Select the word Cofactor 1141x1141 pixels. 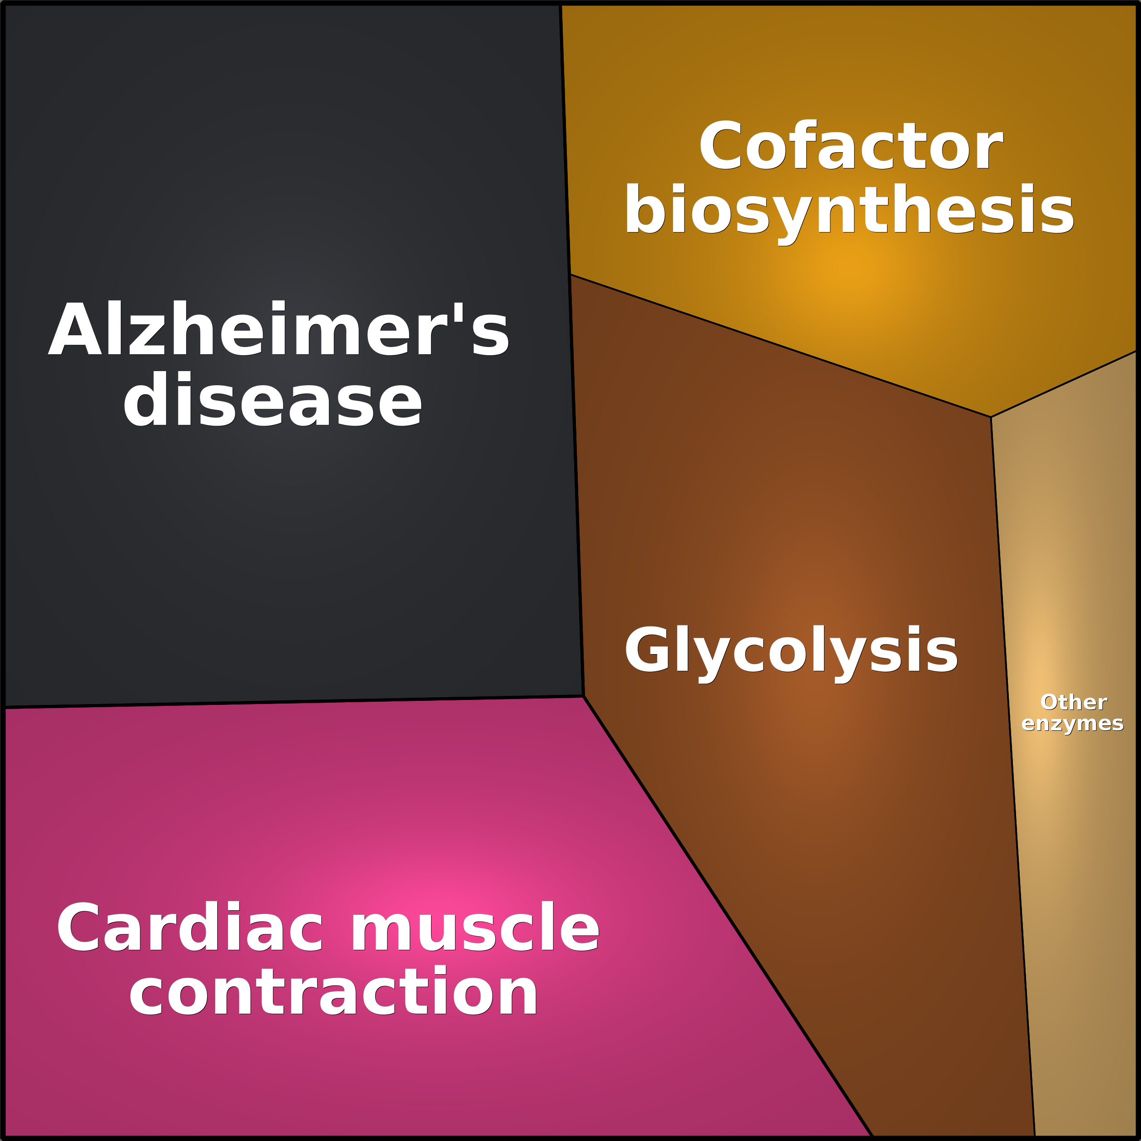tap(850, 145)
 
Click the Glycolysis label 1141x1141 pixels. tap(791, 652)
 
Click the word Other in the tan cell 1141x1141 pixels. tap(1073, 702)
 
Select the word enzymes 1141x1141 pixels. tap(1072, 724)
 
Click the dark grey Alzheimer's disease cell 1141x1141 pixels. tap(283, 531)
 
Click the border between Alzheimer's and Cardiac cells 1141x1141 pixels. tap(294, 702)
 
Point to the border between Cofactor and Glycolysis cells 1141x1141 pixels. tap(781, 346)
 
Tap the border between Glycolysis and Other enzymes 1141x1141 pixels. tap(1013, 777)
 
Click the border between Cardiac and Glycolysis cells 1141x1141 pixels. tap(728, 917)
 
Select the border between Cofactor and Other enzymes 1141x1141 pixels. tap(1064, 384)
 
